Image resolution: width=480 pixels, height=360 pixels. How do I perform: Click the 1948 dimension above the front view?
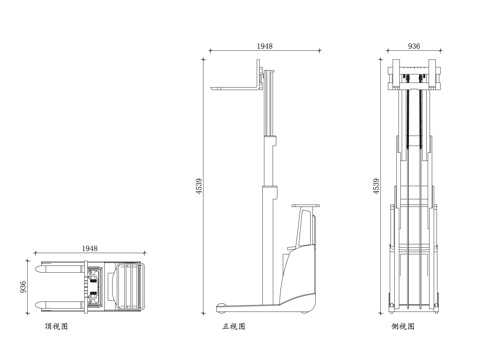[x=265, y=46]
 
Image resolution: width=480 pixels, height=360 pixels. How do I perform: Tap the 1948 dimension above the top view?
[x=90, y=248]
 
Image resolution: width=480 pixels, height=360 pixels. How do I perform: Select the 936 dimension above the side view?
[x=414, y=46]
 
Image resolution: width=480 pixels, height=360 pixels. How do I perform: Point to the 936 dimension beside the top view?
[x=23, y=287]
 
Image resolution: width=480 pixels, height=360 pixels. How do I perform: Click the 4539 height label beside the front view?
[x=199, y=186]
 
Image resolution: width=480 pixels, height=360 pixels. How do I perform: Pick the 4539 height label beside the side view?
[x=376, y=186]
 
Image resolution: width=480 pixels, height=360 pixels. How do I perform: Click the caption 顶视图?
[x=56, y=326]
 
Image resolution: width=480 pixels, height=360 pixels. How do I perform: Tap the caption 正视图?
[x=234, y=326]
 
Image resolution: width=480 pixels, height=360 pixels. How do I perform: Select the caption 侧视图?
[x=403, y=326]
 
